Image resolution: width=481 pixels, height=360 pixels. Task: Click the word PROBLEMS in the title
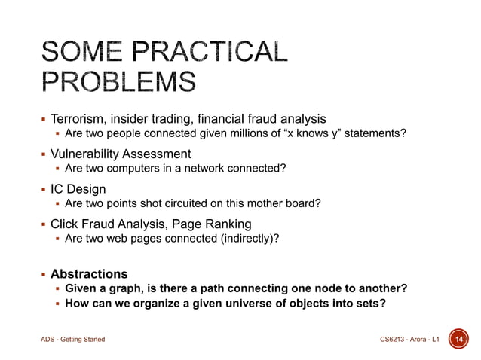point(118,81)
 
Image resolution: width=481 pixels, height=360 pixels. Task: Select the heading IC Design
point(78,188)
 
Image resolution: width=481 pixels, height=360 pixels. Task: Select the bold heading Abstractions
point(89,273)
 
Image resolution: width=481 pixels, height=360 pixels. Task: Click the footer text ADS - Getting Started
point(72,340)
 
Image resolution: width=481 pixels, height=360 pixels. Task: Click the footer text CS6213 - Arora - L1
point(410,341)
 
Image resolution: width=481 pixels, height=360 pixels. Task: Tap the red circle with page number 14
point(458,340)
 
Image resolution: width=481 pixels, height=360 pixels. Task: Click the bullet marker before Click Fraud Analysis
point(44,224)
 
